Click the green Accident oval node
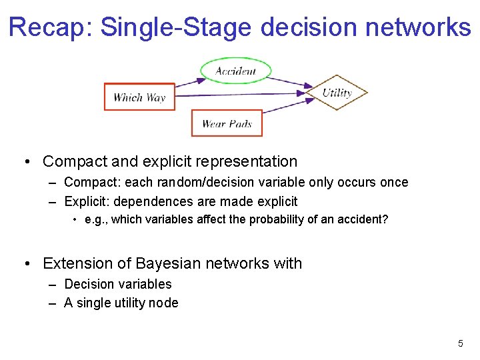(x=236, y=71)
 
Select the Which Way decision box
(x=139, y=97)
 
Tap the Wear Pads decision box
(x=227, y=123)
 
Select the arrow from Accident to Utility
(x=293, y=82)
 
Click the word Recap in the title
(x=51, y=27)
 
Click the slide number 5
(x=460, y=343)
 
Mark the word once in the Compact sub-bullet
(x=393, y=182)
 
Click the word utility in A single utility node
(x=131, y=303)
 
